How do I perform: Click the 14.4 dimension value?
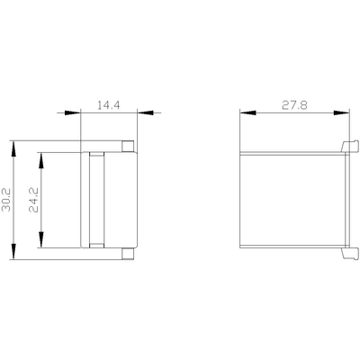tap(109, 105)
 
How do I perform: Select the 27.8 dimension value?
tap(294, 105)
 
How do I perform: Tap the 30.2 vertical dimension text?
tap(6, 200)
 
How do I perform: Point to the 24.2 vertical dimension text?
tap(33, 200)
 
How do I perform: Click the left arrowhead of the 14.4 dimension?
tap(73, 112)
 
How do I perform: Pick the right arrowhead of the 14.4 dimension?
tap(145, 112)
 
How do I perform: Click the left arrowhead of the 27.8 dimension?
tap(248, 112)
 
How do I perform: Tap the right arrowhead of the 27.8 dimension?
tap(341, 112)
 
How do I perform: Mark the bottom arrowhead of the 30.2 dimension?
tap(13, 251)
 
